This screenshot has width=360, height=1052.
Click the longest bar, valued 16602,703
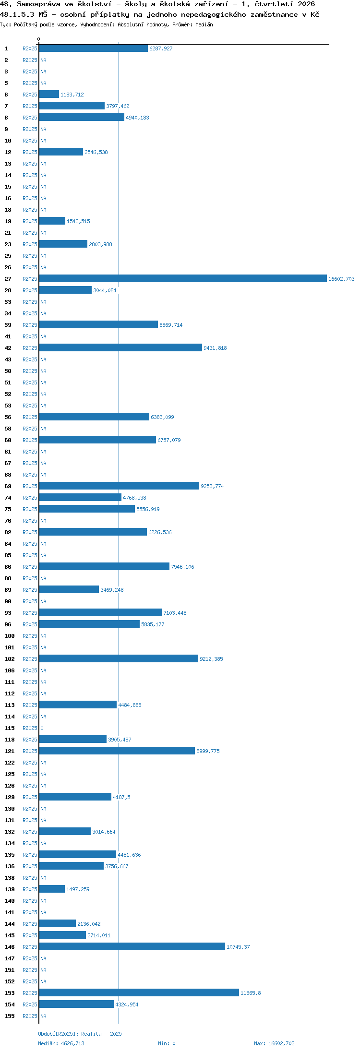pos(183,278)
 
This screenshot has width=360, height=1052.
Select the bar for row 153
pos(139,992)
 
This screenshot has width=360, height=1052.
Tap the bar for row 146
pos(132,946)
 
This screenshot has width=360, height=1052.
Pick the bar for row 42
pos(120,347)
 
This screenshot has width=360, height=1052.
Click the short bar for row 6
pos(49,94)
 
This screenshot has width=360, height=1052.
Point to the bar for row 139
pos(52,889)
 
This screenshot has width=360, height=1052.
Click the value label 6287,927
pos(161,48)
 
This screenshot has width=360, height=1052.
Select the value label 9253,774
pos(212,486)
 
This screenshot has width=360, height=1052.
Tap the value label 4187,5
pos(121,797)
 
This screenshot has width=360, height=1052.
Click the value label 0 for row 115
pos(42,728)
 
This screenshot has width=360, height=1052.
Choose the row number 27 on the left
pos(8,279)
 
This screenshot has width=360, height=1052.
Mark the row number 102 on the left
pos(10,659)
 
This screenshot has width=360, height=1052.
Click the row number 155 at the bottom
pos(10,1016)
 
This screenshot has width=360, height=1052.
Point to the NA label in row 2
pos(43,60)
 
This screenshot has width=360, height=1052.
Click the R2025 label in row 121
pos(30,751)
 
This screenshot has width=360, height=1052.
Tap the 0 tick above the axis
pos(39,39)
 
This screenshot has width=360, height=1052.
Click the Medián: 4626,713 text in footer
pos(61,1043)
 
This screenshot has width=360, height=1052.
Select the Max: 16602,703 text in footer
pos(274,1043)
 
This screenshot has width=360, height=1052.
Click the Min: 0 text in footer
pos(167,1043)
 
